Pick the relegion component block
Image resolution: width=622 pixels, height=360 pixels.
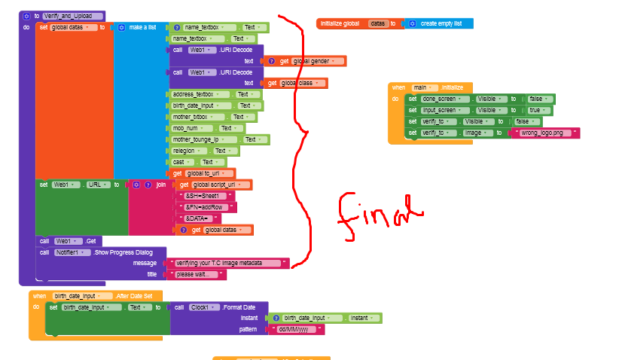click(189, 151)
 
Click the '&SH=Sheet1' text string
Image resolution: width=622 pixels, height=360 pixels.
click(206, 196)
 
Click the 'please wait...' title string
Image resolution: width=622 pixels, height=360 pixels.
click(199, 274)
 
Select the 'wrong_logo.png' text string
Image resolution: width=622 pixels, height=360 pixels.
click(545, 133)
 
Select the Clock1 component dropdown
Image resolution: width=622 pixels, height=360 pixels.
click(200, 307)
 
